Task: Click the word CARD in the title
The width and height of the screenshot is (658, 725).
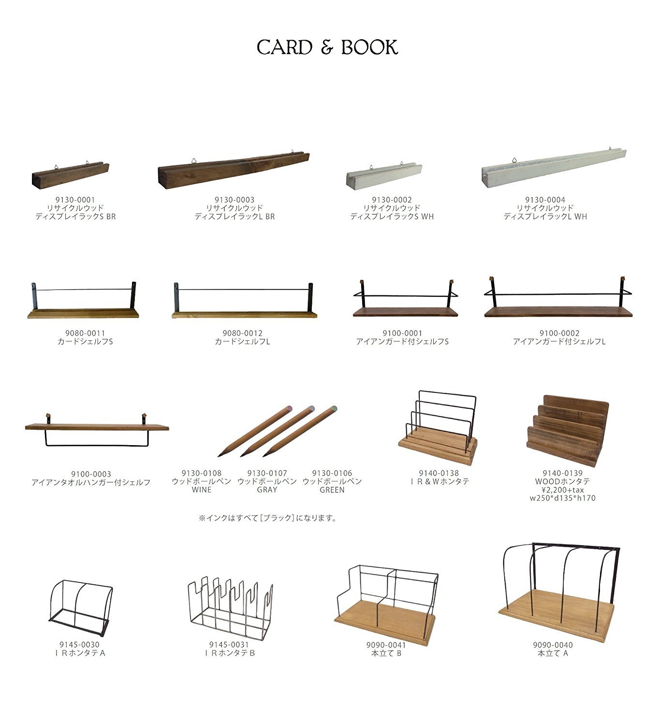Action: pos(284,47)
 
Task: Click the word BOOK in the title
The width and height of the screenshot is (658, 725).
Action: pos(369,47)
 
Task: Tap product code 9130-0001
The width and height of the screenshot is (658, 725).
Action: pos(75,200)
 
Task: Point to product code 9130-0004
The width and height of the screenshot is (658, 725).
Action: pos(545,200)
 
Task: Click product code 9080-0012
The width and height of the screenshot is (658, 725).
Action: pos(242,333)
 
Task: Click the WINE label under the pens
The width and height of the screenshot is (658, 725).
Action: pos(201,490)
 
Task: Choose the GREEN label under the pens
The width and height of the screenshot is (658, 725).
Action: pos(332,490)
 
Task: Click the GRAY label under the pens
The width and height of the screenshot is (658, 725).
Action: pos(267,490)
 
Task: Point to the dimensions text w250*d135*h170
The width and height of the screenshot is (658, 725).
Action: pos(562,498)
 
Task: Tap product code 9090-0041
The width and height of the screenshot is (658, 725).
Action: pos(386,645)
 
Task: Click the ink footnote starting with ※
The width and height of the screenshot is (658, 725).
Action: pos(267,518)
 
